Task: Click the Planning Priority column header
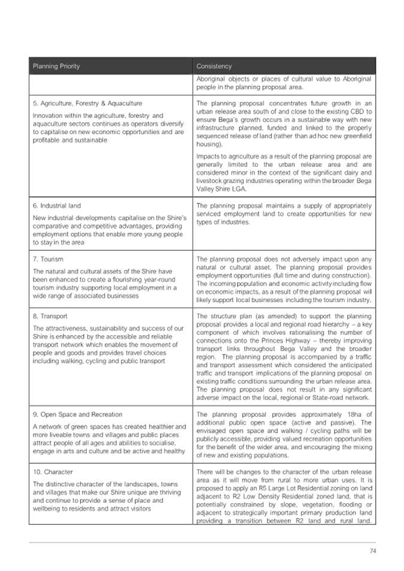(x=56, y=66)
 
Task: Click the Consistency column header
(x=214, y=66)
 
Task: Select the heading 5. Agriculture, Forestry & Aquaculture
(x=87, y=104)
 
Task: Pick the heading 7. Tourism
(x=48, y=259)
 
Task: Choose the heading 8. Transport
(x=50, y=316)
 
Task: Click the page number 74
(x=372, y=551)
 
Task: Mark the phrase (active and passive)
(x=324, y=423)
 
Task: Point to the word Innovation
(x=48, y=115)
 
